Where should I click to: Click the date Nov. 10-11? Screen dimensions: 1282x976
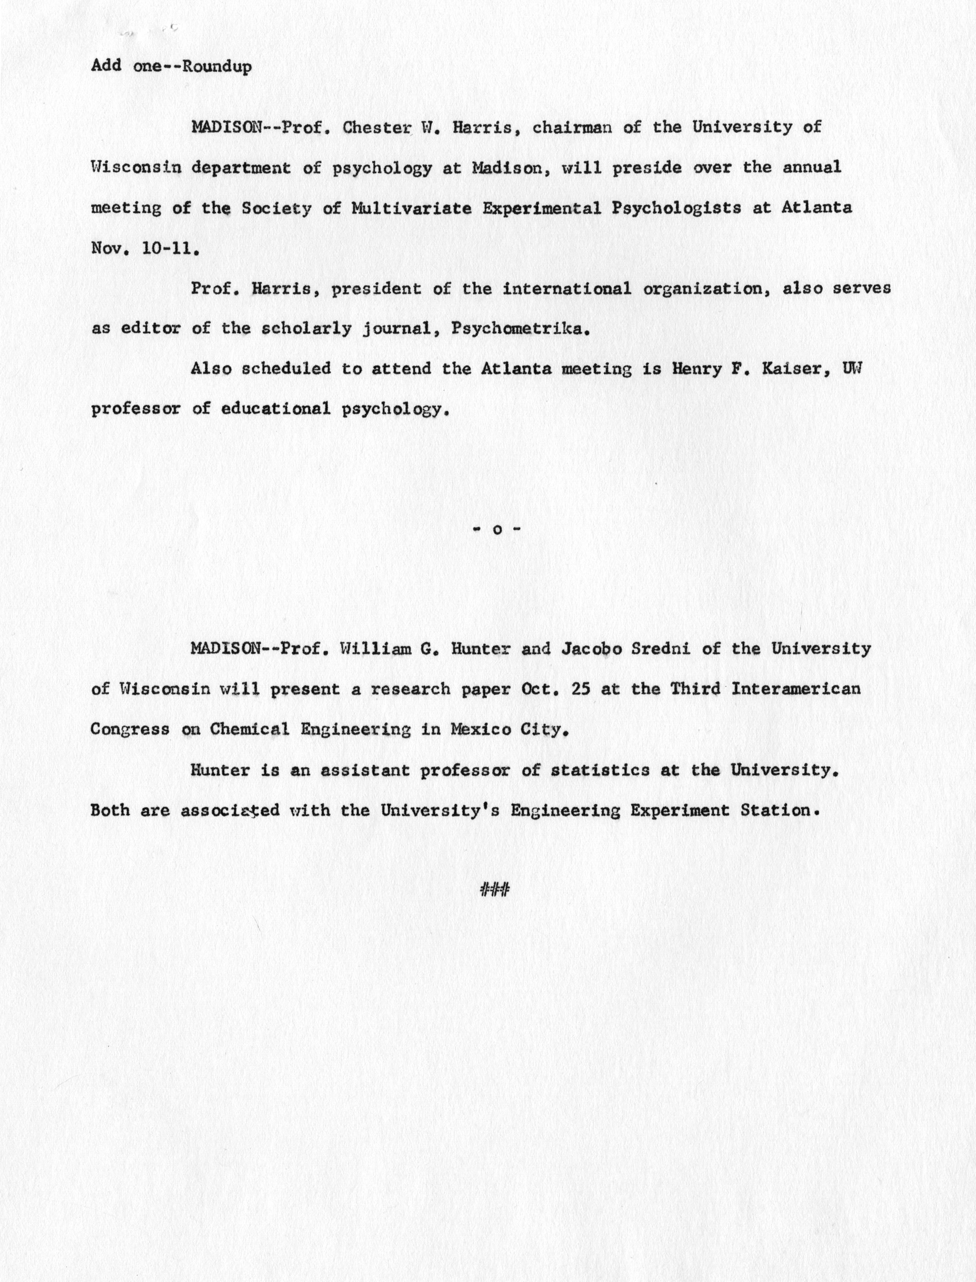pyautogui.click(x=145, y=249)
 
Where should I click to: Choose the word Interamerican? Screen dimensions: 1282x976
pyautogui.click(x=795, y=689)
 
